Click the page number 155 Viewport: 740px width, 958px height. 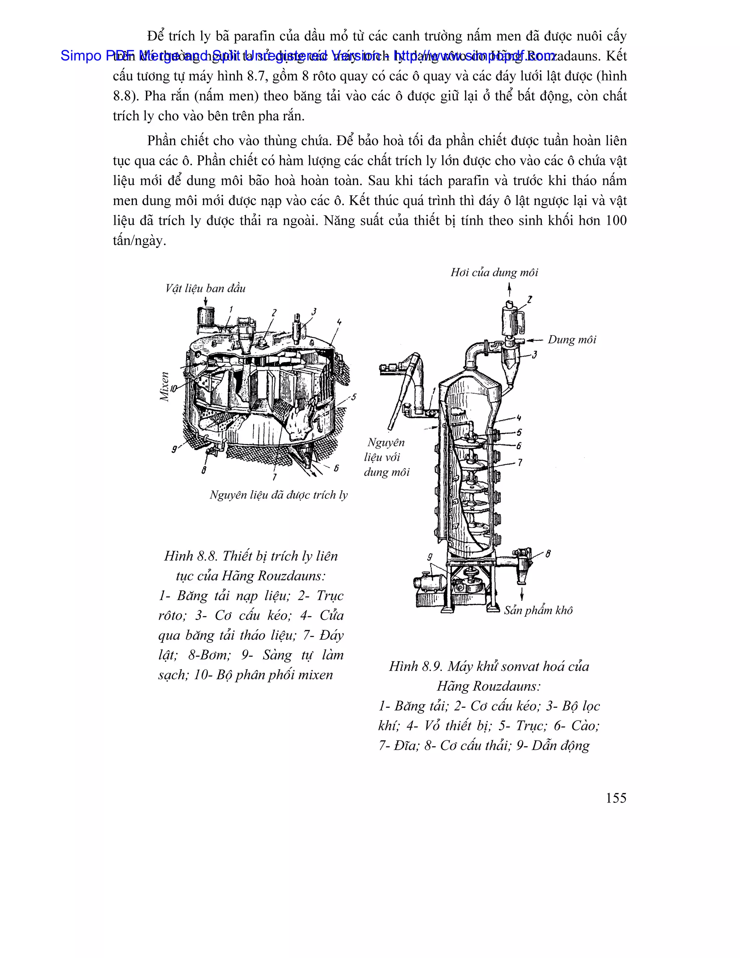click(616, 798)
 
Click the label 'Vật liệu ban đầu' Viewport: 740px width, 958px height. click(205, 288)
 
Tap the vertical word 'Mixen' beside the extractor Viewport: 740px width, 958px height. click(164, 386)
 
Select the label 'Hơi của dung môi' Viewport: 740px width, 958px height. click(494, 273)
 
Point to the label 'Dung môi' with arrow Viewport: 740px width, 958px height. click(572, 339)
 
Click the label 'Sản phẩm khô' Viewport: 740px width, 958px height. click(538, 610)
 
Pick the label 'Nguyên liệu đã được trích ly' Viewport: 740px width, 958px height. click(278, 495)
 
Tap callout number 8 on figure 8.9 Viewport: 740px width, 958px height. click(548, 554)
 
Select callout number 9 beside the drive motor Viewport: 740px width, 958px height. click(430, 557)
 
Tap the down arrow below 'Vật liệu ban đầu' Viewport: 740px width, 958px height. click(206, 300)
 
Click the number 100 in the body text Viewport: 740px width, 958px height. click(616, 220)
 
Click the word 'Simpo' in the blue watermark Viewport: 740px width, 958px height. click(81, 56)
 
